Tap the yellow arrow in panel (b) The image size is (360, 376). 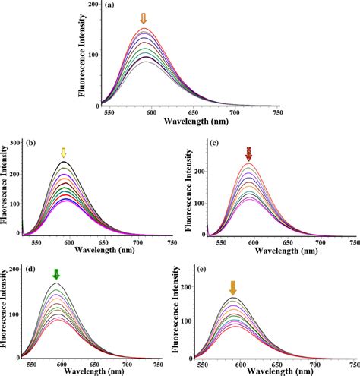pyautogui.click(x=65, y=153)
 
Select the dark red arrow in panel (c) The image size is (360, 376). pyautogui.click(x=248, y=154)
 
